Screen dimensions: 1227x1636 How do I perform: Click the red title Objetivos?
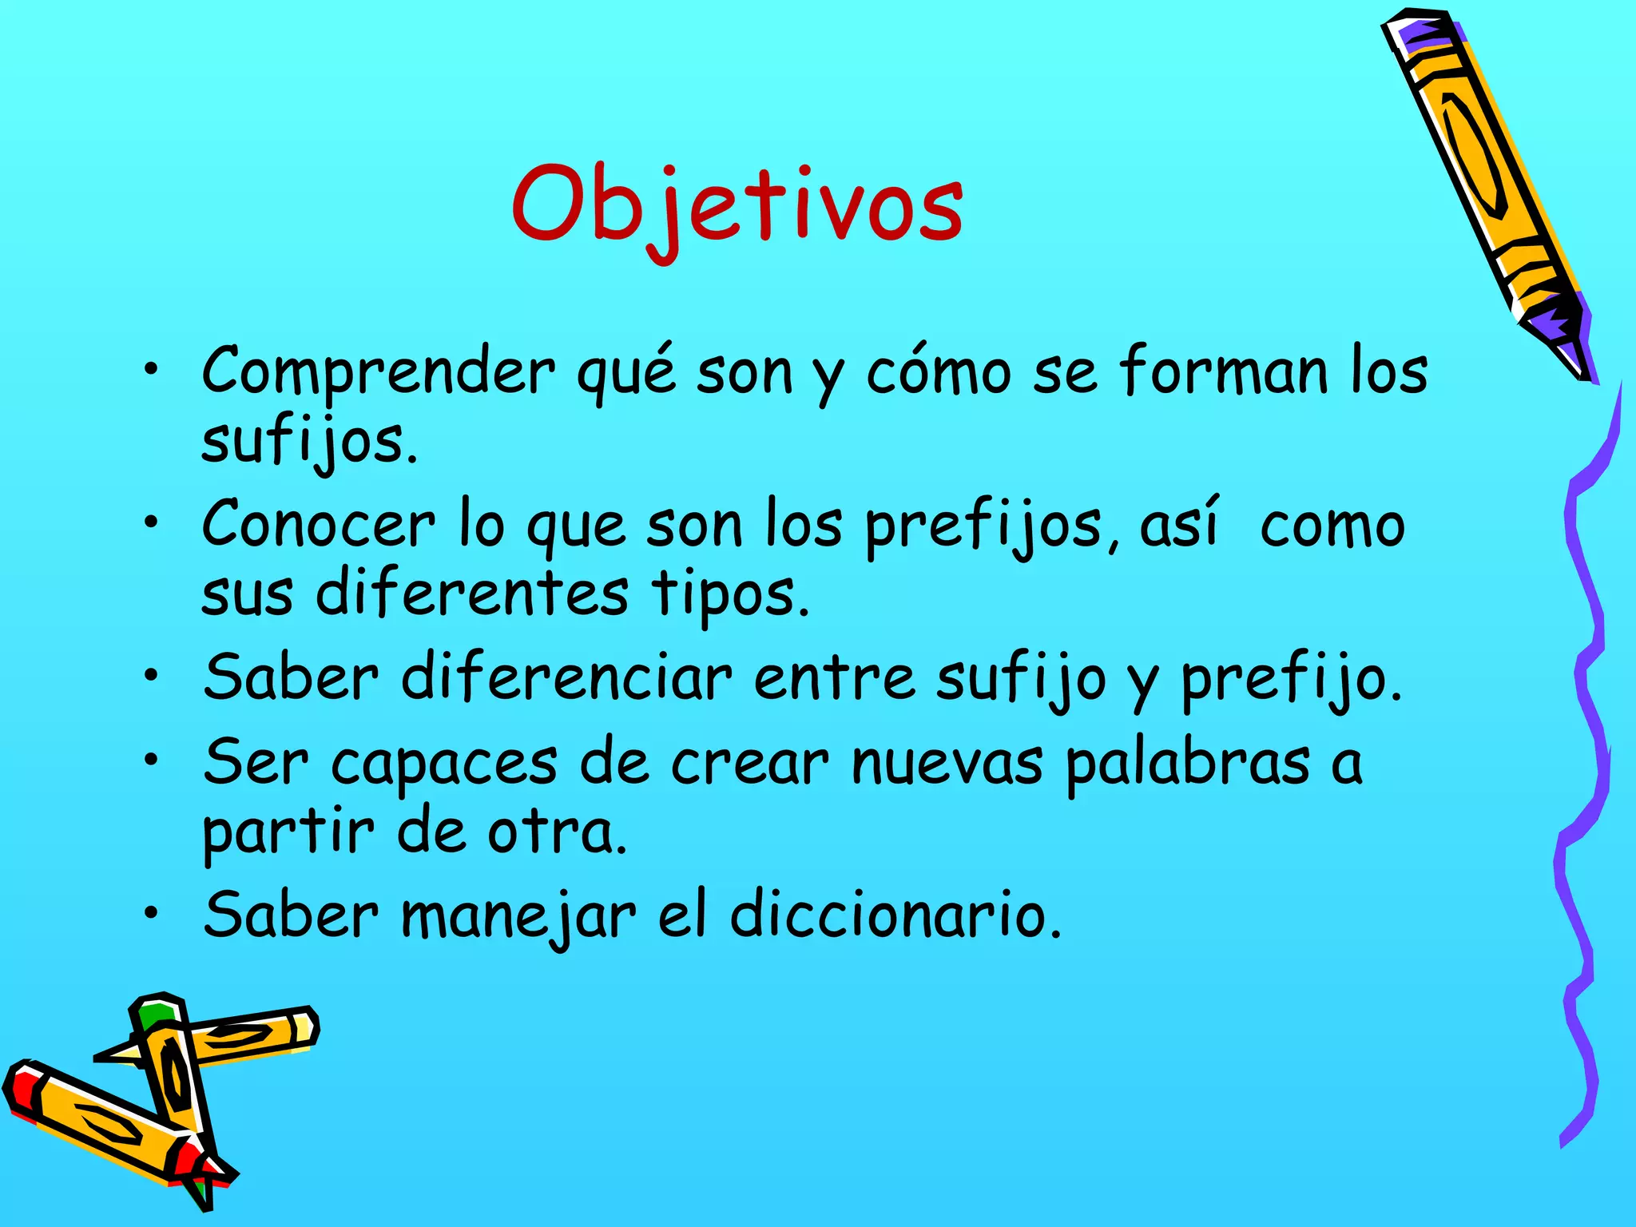pos(737,206)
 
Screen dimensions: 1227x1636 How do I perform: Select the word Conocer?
pos(319,524)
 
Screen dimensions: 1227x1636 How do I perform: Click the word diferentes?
pos(472,594)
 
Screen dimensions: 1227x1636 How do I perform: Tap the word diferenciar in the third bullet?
pos(566,677)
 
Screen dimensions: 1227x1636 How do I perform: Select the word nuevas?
pos(947,761)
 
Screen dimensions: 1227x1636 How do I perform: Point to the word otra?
pos(557,832)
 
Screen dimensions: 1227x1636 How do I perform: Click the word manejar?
pos(518,916)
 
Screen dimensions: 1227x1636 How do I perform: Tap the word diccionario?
pos(895,915)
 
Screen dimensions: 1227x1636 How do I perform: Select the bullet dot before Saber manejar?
pos(152,915)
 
